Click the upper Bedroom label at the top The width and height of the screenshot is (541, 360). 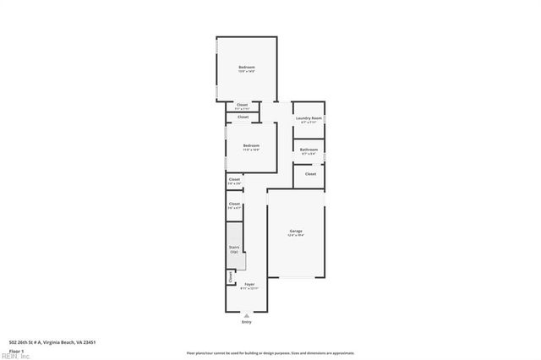click(x=246, y=67)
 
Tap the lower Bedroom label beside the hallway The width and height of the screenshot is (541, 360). click(x=251, y=145)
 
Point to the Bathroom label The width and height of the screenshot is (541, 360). click(x=309, y=150)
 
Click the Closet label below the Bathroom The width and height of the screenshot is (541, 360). click(x=310, y=173)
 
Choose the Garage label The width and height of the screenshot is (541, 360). click(x=296, y=231)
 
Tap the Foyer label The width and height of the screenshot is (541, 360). click(x=249, y=284)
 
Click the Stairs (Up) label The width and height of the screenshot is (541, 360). click(x=234, y=249)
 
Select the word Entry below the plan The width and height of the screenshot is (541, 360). click(x=247, y=322)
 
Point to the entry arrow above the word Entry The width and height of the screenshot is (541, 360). click(x=247, y=314)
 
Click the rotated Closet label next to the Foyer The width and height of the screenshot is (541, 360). click(x=231, y=276)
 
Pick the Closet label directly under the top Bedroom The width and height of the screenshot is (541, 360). click(x=243, y=105)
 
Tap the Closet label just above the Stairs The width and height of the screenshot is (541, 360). click(x=234, y=204)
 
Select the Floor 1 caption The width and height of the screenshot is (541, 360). click(x=16, y=350)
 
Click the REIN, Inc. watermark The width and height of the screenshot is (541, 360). click(x=14, y=356)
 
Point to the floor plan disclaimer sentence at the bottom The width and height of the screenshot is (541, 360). click(x=270, y=353)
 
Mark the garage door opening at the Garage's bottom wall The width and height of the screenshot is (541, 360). click(x=296, y=278)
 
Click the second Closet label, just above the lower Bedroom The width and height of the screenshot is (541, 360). click(x=243, y=117)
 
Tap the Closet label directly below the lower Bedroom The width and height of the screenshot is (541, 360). click(x=234, y=179)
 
